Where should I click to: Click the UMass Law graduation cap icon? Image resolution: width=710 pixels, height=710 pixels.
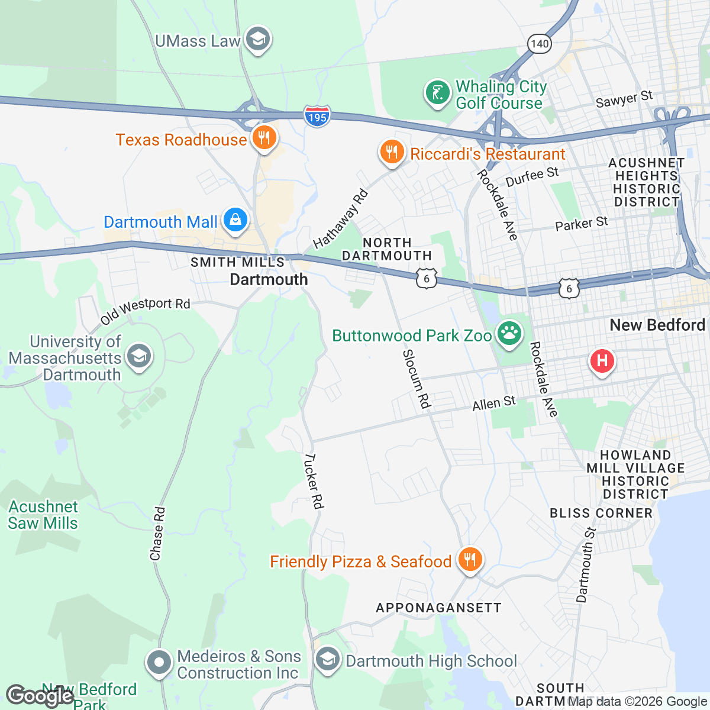tap(257, 40)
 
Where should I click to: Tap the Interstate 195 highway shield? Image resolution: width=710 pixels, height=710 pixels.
tap(317, 117)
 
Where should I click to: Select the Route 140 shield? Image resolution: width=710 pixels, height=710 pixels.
tap(540, 44)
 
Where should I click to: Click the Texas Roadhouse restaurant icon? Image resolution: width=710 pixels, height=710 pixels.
tap(264, 138)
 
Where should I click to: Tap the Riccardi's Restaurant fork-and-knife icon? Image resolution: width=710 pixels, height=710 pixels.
tap(391, 153)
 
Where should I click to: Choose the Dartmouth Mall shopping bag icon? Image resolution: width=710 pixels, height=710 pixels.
tap(235, 221)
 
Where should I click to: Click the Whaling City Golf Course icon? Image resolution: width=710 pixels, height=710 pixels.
tap(437, 93)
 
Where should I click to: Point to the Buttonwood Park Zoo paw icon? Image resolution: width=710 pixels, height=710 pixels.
tap(509, 334)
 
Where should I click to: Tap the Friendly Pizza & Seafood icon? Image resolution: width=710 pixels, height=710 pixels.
tap(470, 560)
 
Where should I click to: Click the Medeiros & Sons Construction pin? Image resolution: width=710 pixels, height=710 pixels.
tap(159, 663)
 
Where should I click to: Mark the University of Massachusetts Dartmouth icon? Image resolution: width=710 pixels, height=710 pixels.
tap(139, 357)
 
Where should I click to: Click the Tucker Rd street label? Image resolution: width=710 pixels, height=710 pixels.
tap(314, 481)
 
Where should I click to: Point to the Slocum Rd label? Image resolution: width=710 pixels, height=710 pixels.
tap(416, 379)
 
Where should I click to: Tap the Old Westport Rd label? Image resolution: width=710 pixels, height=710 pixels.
tap(145, 310)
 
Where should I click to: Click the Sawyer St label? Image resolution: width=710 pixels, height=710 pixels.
tap(624, 99)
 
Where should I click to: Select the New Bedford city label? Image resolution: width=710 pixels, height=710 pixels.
tap(657, 325)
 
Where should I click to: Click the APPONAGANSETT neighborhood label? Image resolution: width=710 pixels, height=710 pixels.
tap(438, 608)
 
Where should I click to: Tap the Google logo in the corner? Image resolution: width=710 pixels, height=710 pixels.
tap(40, 696)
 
